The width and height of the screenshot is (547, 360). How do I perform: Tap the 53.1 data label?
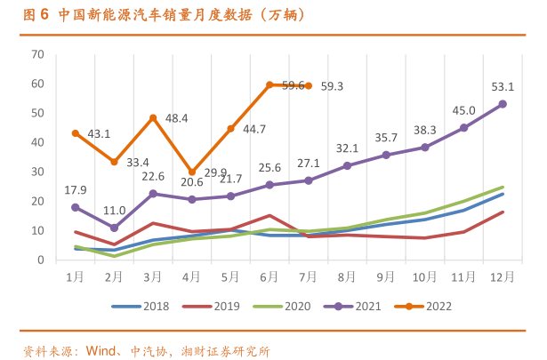pyautogui.click(x=503, y=87)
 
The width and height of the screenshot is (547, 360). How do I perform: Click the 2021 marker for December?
pyautogui.click(x=503, y=104)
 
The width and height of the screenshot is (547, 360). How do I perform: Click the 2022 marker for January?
pyautogui.click(x=76, y=133)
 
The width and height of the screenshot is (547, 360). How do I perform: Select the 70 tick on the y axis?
pyautogui.click(x=37, y=54)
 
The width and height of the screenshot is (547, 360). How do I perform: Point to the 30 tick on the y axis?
pyautogui.click(x=37, y=172)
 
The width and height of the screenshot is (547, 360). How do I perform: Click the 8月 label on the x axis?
pyautogui.click(x=347, y=276)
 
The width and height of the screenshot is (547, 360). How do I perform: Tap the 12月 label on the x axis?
pyautogui.click(x=502, y=276)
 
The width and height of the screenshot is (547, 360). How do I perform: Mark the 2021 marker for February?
pyautogui.click(x=114, y=228)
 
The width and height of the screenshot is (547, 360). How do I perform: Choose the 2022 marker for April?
pyautogui.click(x=192, y=172)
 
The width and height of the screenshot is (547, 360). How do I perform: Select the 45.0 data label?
pyautogui.click(x=463, y=111)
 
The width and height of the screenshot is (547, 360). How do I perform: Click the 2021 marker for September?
pyautogui.click(x=386, y=155)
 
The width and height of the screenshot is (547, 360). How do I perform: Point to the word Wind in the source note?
pyautogui.click(x=101, y=349)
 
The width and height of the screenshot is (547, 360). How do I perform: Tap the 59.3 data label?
pyautogui.click(x=332, y=86)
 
